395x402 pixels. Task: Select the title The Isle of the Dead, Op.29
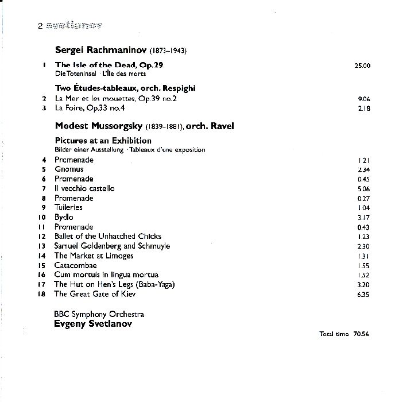pyautogui.click(x=109, y=65)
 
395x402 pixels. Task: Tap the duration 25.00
pyautogui.click(x=362, y=65)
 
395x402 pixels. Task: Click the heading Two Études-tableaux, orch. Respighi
pyautogui.click(x=126, y=88)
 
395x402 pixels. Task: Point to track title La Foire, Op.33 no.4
pyautogui.click(x=89, y=108)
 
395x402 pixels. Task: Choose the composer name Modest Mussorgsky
pyautogui.click(x=95, y=126)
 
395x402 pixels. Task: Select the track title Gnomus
pyautogui.click(x=69, y=169)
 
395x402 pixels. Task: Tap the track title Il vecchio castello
pyautogui.click(x=84, y=188)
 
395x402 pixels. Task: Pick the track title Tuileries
pyautogui.click(x=68, y=207)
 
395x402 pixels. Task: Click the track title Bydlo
pyautogui.click(x=64, y=217)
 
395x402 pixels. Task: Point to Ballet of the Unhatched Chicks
pyautogui.click(x=108, y=236)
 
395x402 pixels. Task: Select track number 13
pyautogui.click(x=41, y=246)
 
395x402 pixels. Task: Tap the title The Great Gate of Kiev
pyautogui.click(x=95, y=294)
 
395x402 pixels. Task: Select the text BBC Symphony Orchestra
pyautogui.click(x=99, y=314)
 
